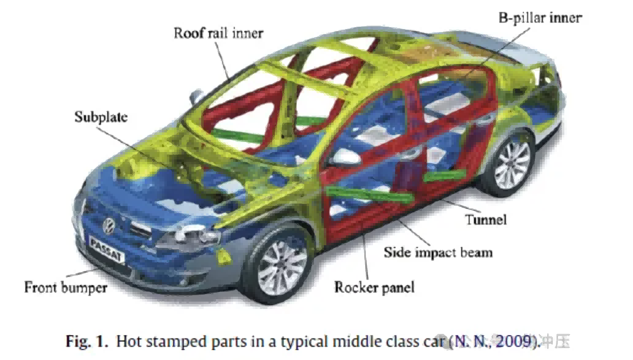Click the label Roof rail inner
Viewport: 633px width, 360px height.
point(218,33)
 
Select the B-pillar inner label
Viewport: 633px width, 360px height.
point(540,19)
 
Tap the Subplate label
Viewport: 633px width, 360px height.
point(101,117)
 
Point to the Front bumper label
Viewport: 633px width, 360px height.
point(66,287)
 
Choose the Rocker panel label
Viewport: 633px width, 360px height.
point(374,287)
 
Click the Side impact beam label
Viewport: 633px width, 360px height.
point(438,252)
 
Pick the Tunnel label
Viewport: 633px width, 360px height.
point(485,219)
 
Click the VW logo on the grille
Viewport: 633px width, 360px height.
point(108,226)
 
